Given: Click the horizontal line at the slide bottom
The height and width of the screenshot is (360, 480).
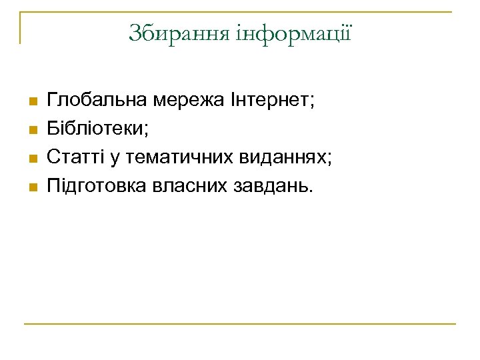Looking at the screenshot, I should coord(240,324).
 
